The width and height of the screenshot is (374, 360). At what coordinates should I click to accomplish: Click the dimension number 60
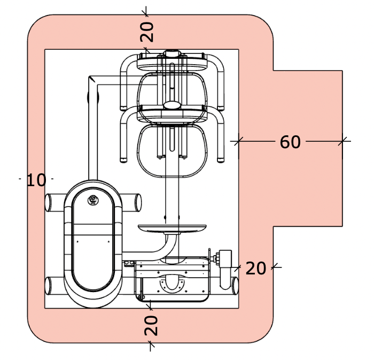tap(290, 142)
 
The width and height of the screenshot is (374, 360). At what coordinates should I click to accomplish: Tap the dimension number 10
tap(36, 180)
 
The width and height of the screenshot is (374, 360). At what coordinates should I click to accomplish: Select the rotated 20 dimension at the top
tap(147, 32)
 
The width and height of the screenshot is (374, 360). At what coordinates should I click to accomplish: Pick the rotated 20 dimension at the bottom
tap(151, 325)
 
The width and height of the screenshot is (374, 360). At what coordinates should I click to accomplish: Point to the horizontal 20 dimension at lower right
tap(255, 269)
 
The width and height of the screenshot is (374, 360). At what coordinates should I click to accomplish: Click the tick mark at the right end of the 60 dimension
tap(342, 141)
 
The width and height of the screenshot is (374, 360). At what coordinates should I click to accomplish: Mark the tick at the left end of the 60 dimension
tap(238, 141)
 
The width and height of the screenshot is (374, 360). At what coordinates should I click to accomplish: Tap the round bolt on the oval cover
tap(93, 200)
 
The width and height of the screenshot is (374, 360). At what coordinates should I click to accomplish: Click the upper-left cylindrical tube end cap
tap(48, 203)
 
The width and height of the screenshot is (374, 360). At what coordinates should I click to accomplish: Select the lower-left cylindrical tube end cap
tap(48, 286)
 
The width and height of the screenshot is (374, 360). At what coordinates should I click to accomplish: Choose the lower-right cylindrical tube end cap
tap(235, 286)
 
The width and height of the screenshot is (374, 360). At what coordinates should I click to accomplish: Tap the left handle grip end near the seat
tap(123, 160)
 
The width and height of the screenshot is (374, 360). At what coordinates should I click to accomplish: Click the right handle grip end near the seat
tap(221, 160)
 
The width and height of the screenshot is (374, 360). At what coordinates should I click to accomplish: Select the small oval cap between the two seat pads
tap(172, 105)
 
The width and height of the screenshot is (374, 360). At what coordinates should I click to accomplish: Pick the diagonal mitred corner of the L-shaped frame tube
tap(92, 79)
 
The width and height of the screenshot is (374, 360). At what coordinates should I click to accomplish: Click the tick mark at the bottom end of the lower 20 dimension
tap(150, 344)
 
